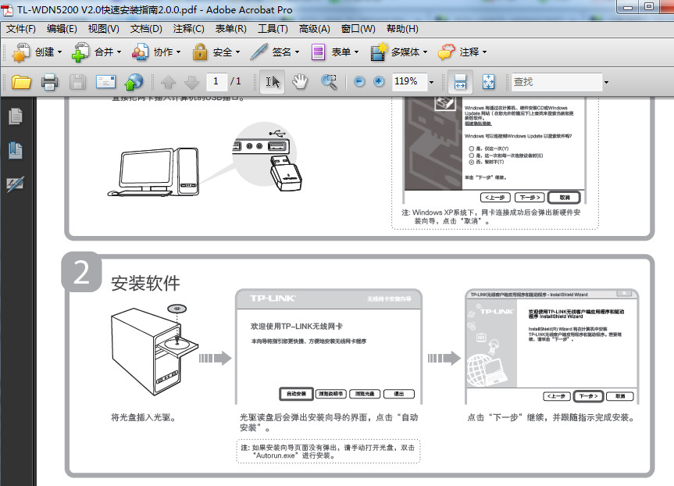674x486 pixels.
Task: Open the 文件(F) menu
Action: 21,29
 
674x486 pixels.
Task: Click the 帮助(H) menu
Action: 402,29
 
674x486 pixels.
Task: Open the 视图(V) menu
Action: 103,29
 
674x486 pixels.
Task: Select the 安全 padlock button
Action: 214,52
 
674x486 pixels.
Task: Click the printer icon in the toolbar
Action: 49,81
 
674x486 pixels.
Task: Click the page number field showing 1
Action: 216,81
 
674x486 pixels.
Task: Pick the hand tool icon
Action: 300,81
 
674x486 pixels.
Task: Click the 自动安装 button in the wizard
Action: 296,394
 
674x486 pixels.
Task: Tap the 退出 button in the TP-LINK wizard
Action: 398,394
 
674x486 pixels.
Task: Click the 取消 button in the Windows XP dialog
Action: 565,197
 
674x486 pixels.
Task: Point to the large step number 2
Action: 81,273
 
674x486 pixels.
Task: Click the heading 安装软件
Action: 145,283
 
